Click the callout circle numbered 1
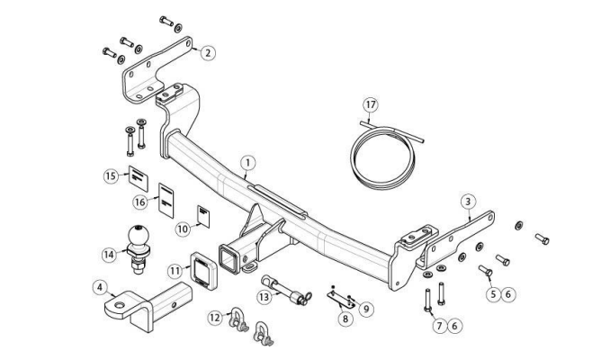[x=248, y=163]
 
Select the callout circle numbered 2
[x=208, y=52]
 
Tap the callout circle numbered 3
[x=468, y=202]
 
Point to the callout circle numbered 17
[x=371, y=104]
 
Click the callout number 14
[x=108, y=255]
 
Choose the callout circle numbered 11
[x=175, y=271]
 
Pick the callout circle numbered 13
[x=265, y=297]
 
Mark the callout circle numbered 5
[x=493, y=294]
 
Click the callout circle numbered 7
[x=439, y=326]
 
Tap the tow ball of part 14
[x=139, y=237]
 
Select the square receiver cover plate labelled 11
[x=203, y=271]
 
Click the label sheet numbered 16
[x=166, y=201]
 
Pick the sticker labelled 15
[x=139, y=178]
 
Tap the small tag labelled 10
[x=203, y=217]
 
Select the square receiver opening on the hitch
[x=229, y=258]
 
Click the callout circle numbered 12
[x=215, y=318]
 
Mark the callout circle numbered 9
[x=366, y=309]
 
